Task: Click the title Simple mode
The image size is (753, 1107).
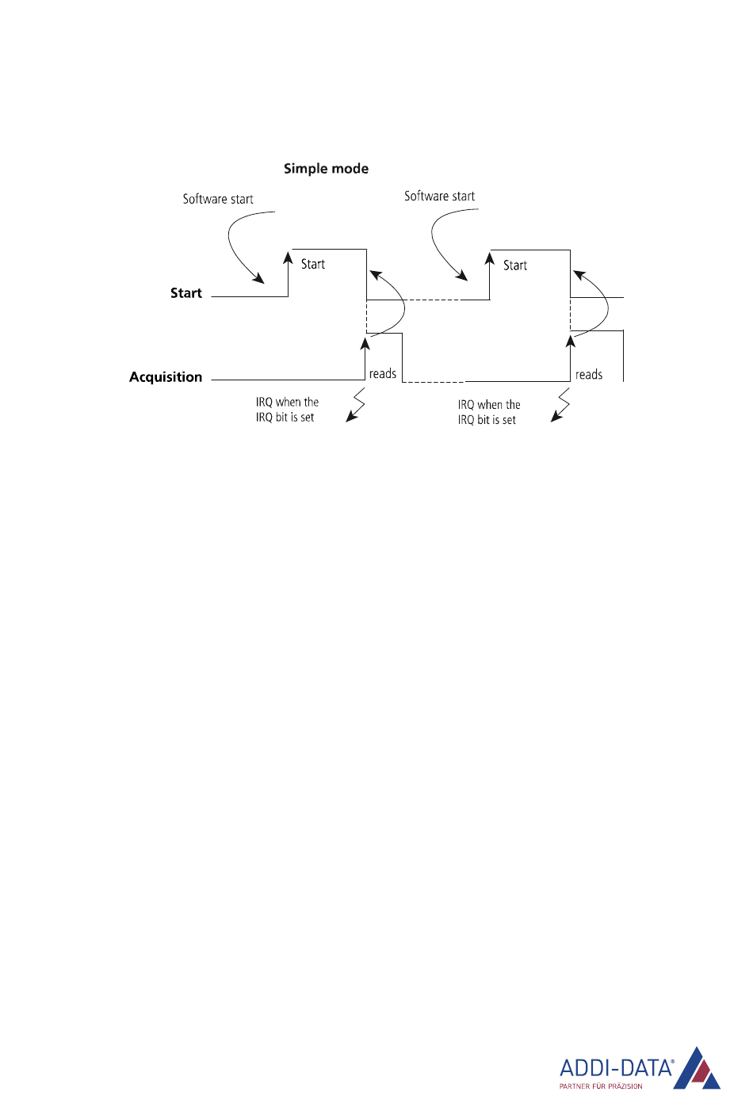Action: coord(326,169)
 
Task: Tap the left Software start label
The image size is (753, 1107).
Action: coord(218,199)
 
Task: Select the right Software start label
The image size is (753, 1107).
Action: coord(439,196)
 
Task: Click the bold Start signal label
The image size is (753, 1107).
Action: coord(186,293)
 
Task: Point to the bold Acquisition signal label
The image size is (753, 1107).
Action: coord(166,377)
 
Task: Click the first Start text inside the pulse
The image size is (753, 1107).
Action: coord(313,264)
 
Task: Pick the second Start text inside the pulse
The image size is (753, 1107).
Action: coord(515,265)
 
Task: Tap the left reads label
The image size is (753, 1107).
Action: coord(383,373)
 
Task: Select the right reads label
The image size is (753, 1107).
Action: coord(589,375)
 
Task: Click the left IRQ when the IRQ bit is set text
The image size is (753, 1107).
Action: coord(287,410)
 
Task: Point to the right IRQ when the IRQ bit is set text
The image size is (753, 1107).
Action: coord(488,412)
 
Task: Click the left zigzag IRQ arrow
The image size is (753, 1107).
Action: coord(356,405)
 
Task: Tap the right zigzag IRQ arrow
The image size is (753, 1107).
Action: coord(560,405)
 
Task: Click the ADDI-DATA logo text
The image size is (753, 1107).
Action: coord(616,1067)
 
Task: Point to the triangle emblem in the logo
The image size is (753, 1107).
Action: coord(698,1070)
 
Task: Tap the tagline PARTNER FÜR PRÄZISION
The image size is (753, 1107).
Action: coord(601,1086)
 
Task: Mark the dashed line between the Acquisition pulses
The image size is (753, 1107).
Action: coord(434,382)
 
